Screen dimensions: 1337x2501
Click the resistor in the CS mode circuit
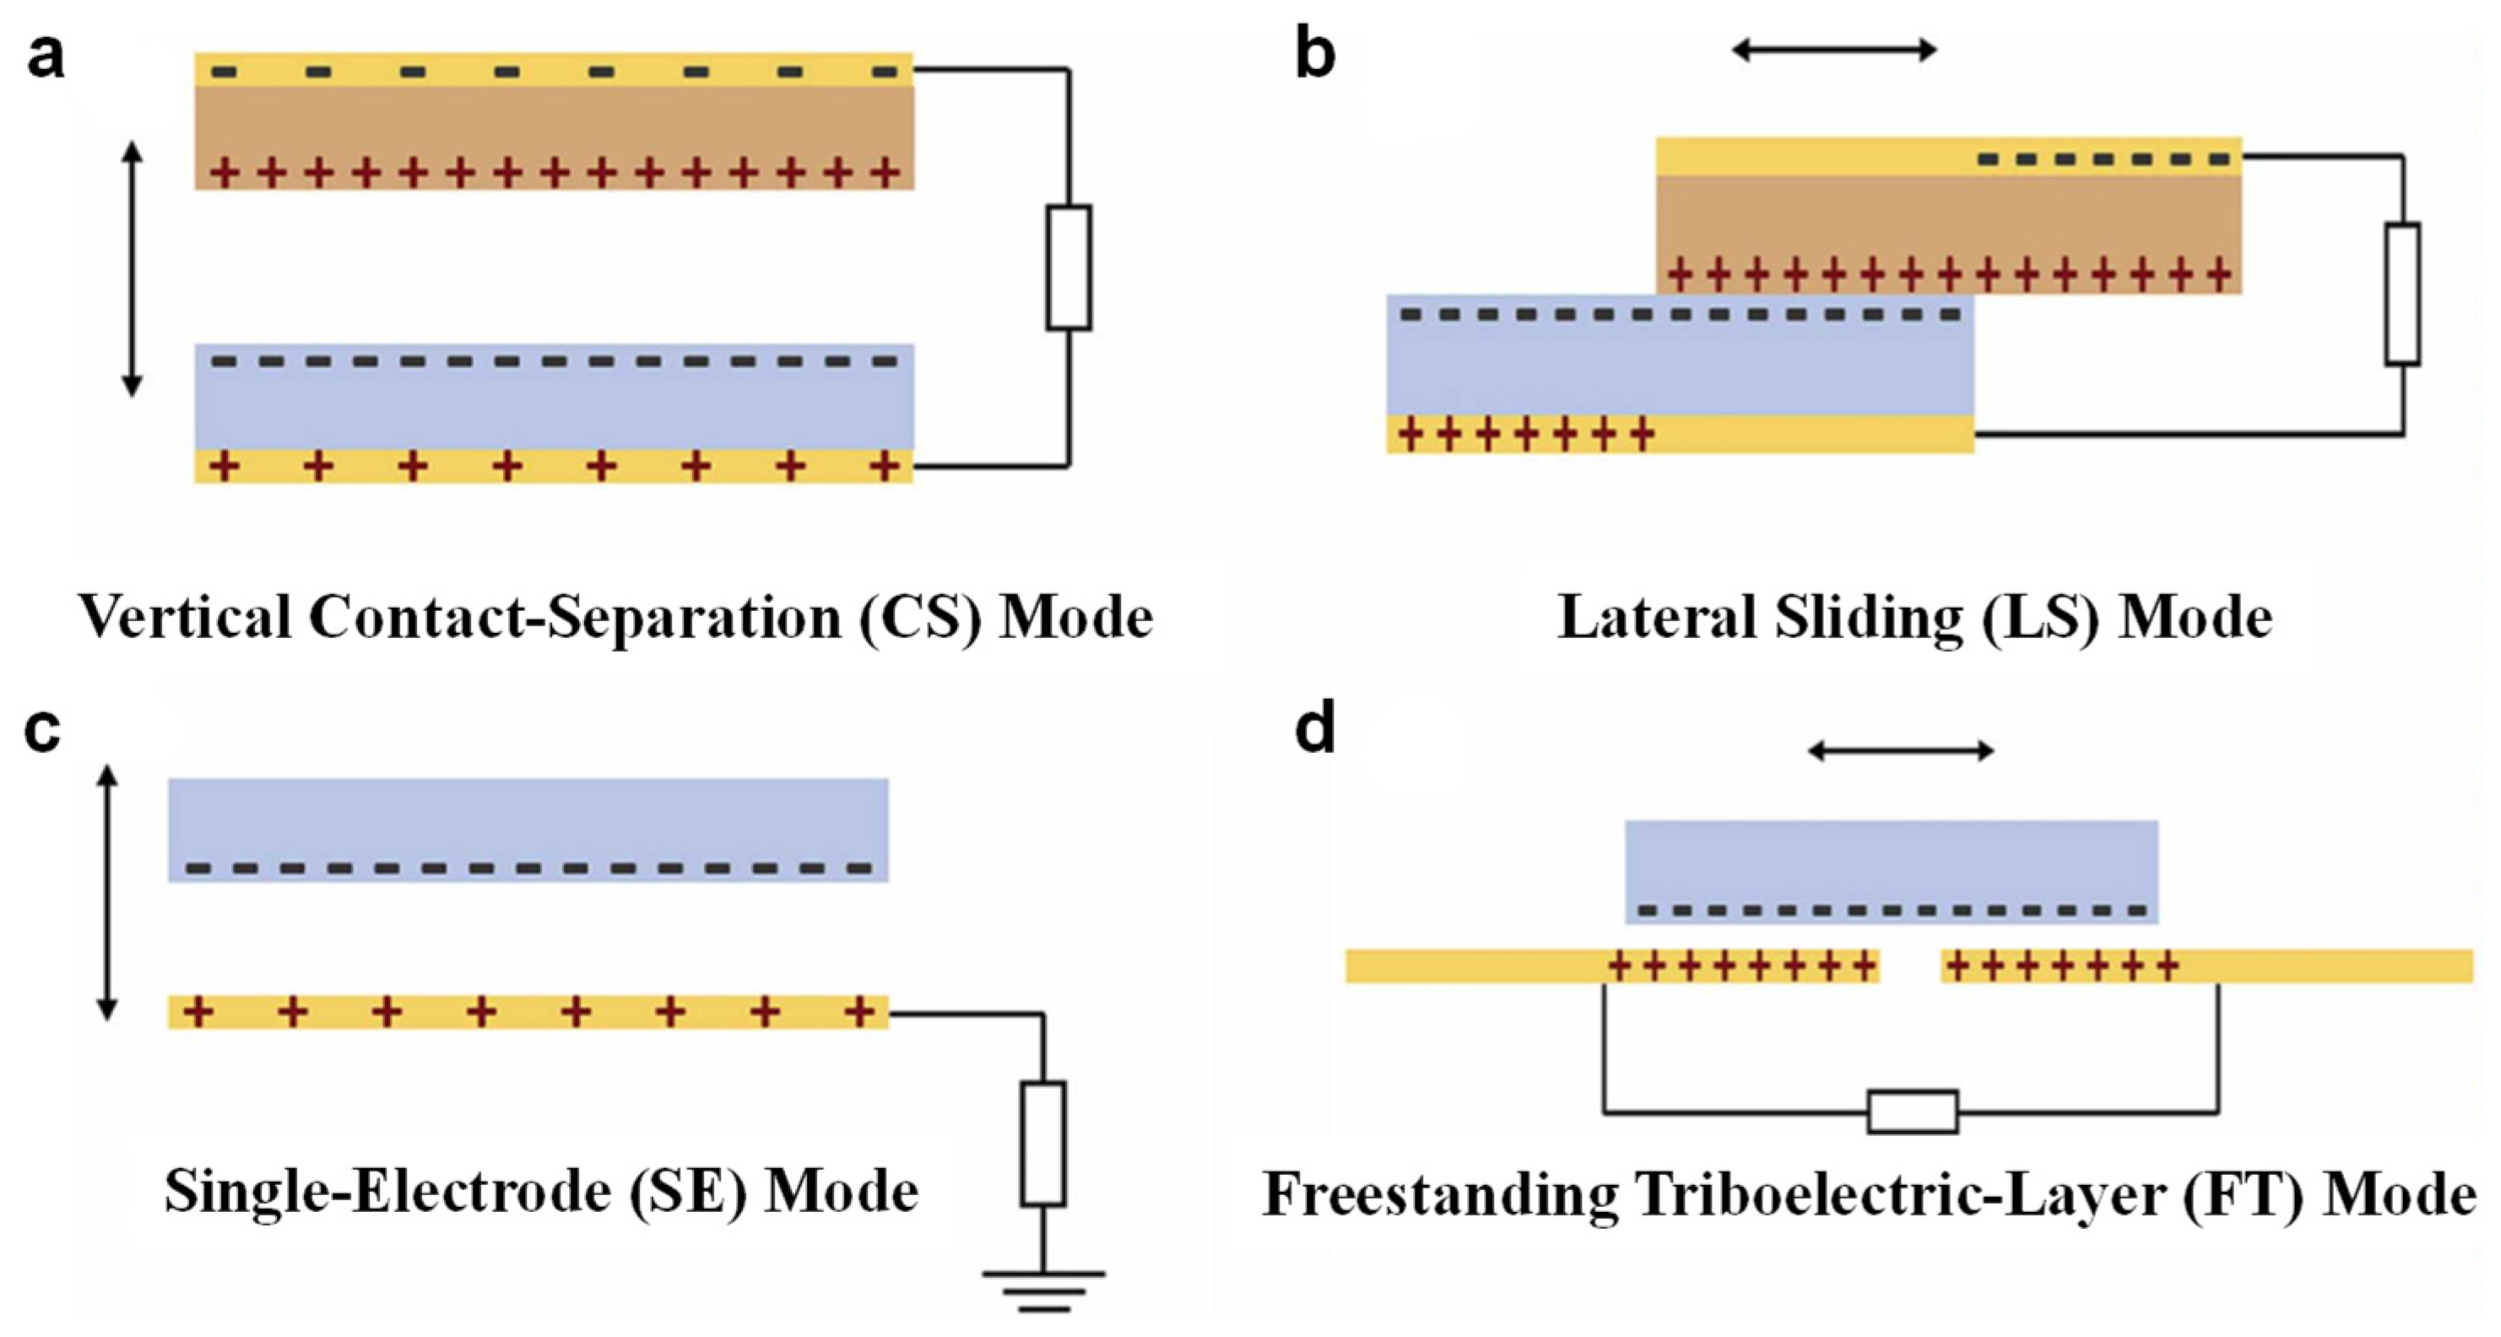coord(1068,267)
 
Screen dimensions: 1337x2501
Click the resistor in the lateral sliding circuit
coord(2402,295)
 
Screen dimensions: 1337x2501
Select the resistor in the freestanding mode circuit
coord(1912,1112)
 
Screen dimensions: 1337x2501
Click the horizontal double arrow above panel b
coord(1834,50)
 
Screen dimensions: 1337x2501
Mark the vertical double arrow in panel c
coord(108,893)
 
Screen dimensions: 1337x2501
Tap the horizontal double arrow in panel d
coord(1901,750)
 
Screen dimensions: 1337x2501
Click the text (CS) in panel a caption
coord(920,618)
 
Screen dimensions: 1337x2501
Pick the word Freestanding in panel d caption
coord(1440,1195)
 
